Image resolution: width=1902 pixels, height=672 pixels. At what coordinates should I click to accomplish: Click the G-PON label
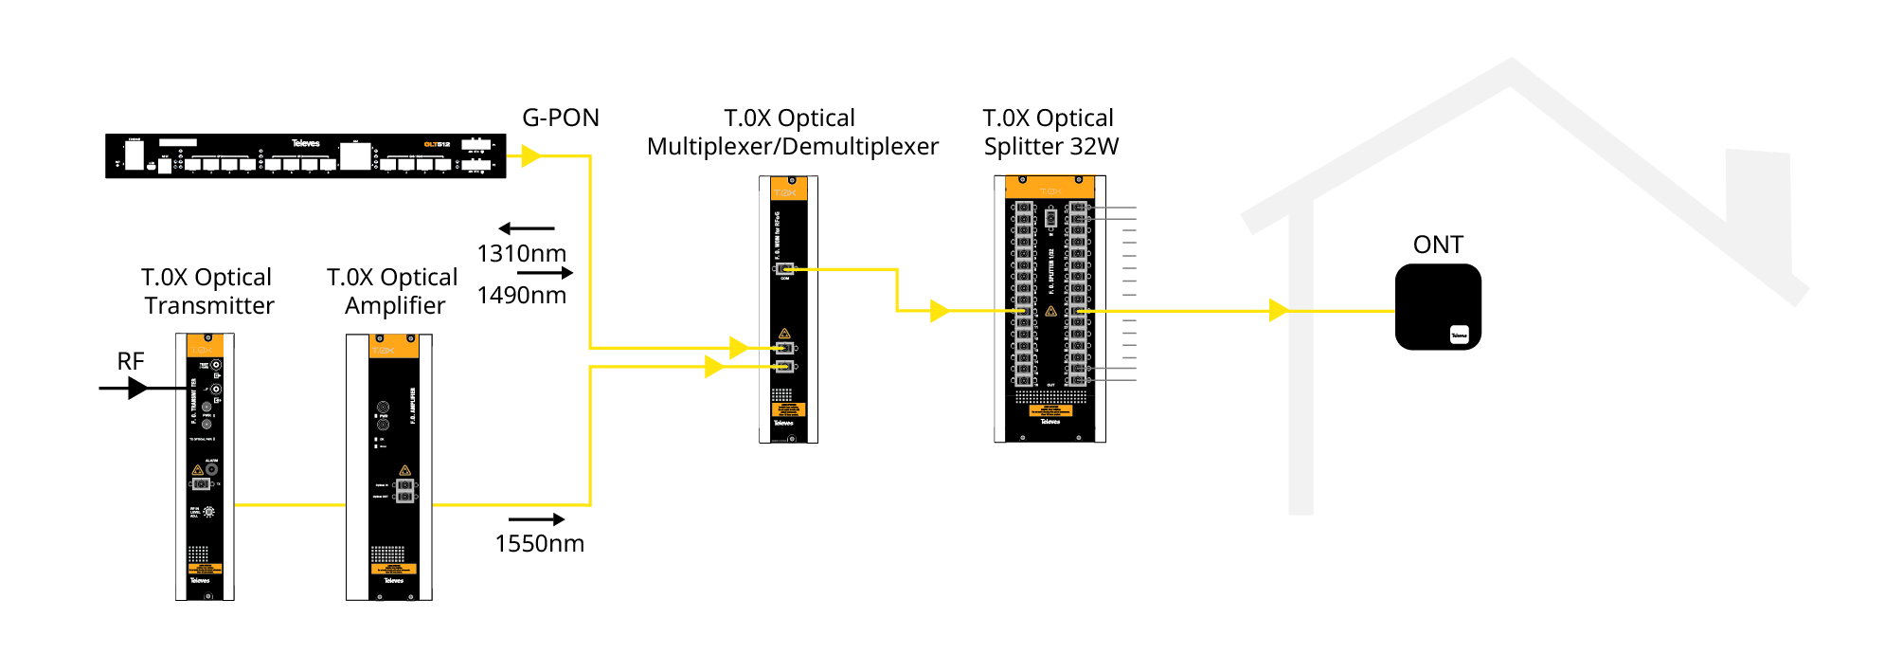pos(561,118)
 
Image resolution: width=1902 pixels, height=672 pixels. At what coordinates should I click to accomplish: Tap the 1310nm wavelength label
pos(521,253)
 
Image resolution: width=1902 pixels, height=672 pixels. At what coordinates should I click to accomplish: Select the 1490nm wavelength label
pos(521,295)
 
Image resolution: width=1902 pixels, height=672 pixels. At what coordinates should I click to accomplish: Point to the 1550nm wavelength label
pos(539,543)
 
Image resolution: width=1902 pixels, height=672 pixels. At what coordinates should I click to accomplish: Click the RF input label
pos(131,361)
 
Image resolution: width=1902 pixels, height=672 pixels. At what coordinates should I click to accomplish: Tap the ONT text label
pos(1438,245)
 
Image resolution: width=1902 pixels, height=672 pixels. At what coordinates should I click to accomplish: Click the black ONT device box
pos(1438,306)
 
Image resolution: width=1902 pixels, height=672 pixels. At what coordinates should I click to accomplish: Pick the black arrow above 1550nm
pos(537,519)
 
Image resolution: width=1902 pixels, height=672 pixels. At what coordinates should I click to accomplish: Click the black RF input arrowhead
pos(138,388)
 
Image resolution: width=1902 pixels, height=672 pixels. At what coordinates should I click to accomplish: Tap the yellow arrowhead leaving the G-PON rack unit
pos(530,155)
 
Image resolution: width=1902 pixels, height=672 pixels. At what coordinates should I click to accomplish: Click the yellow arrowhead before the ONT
pos(1279,310)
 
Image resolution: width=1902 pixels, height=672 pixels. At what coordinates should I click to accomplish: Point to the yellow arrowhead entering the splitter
pos(940,310)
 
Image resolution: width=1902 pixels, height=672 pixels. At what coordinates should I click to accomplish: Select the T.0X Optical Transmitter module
pos(205,466)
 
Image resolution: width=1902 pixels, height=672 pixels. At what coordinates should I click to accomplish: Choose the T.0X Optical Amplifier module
pos(389,466)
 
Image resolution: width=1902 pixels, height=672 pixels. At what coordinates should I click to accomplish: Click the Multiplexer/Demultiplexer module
pos(788,309)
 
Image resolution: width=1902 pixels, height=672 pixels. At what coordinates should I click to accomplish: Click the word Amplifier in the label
pos(395,305)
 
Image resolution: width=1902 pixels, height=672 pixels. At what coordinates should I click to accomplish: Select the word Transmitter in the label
pos(209,305)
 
